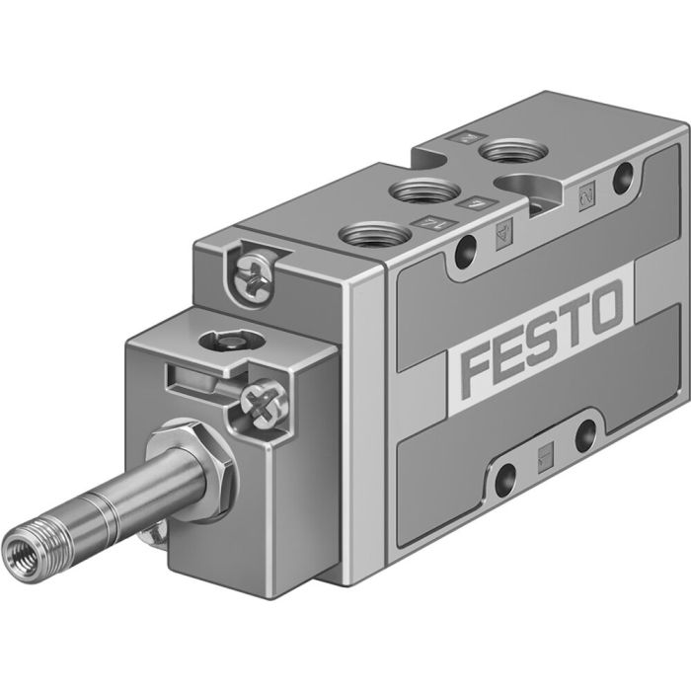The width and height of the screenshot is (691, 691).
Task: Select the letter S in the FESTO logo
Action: [x=542, y=340]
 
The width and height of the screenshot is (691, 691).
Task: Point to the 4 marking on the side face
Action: [x=501, y=237]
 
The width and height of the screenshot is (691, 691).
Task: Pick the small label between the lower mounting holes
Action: [x=544, y=453]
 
